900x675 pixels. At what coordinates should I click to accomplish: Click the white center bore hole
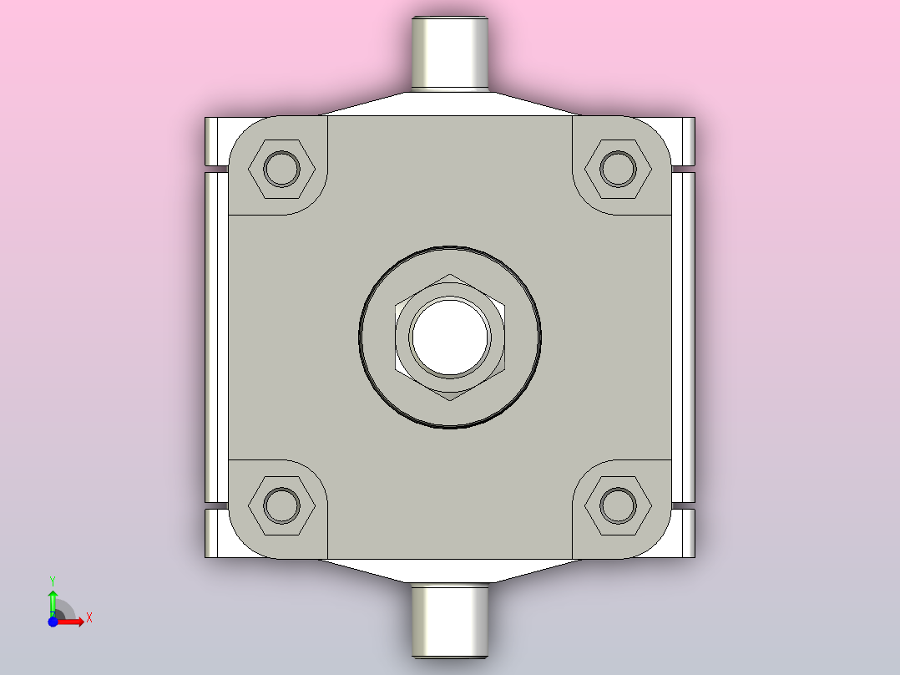(450, 337)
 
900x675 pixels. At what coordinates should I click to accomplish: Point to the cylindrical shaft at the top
(450, 52)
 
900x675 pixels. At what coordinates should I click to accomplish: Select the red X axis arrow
(72, 622)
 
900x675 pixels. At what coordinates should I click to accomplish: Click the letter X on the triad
(88, 617)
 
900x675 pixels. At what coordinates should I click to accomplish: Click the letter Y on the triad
(53, 579)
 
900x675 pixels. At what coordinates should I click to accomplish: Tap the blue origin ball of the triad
(53, 622)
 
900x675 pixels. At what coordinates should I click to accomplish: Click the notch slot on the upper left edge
(216, 170)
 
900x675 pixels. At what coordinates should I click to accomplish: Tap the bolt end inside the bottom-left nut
(281, 505)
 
